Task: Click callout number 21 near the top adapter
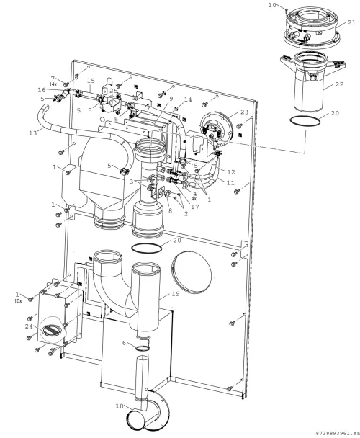[x=351, y=22]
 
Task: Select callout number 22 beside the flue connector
[x=339, y=84]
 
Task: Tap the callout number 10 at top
[x=272, y=5]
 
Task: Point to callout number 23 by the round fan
[x=244, y=112]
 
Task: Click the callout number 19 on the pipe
[x=176, y=294]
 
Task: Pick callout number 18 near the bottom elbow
[x=120, y=406]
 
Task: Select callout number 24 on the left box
[x=29, y=326]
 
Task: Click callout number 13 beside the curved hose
[x=33, y=133]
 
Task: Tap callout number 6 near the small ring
[x=125, y=343]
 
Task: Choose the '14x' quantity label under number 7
[x=53, y=84]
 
